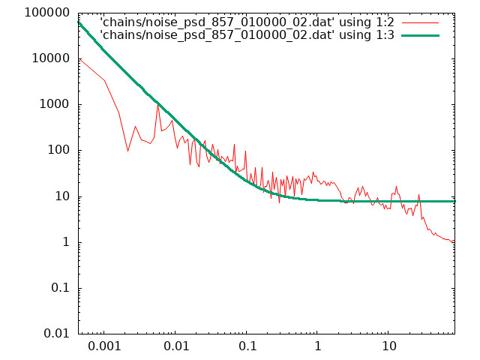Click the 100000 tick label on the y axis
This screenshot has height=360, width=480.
tap(46, 13)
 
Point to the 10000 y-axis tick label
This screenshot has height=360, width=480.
tap(51, 58)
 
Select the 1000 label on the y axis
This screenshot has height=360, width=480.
tap(55, 104)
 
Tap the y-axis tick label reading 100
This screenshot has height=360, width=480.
tap(58, 150)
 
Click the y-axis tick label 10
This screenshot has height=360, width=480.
tap(62, 196)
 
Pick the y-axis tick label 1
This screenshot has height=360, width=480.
tap(66, 242)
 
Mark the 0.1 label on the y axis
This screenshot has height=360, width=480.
tap(61, 288)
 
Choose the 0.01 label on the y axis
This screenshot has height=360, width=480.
tap(57, 333)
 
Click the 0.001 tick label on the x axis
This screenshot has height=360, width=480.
tap(104, 346)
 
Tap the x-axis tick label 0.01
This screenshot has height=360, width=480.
tap(175, 346)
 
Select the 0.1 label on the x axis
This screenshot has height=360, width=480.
tap(247, 346)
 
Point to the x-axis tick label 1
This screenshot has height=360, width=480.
tap(318, 346)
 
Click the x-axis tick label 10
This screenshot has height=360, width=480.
tap(388, 346)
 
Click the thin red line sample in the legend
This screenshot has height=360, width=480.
tap(420, 23)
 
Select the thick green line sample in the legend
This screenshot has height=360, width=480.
tap(420, 35)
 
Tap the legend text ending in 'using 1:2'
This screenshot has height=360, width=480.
tap(247, 22)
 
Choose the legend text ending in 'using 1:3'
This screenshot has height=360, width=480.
tap(247, 35)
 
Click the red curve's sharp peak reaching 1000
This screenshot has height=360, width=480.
tap(158, 105)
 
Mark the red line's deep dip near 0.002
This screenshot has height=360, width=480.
tap(128, 151)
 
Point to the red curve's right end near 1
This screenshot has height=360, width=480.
tap(454, 241)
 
